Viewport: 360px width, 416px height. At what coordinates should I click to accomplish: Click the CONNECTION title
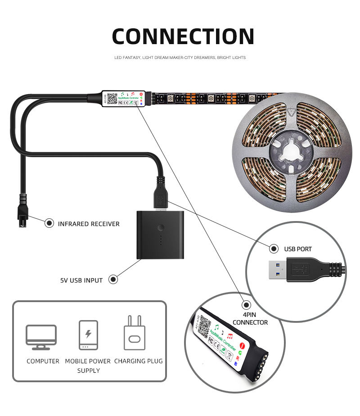coord(183,36)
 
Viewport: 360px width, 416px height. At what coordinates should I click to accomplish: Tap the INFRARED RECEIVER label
coord(89,224)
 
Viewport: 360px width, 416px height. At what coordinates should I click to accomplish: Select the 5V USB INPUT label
coord(81,280)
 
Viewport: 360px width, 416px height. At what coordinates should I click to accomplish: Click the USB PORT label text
coord(298,249)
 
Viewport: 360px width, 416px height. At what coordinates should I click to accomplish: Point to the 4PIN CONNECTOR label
coord(250,318)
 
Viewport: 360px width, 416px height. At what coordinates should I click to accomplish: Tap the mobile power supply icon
coord(88,335)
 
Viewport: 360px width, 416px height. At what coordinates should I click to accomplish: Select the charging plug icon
coord(134,333)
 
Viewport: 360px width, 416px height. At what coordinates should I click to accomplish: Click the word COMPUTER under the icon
coord(43,361)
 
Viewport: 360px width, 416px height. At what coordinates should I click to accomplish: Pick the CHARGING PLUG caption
coord(139,361)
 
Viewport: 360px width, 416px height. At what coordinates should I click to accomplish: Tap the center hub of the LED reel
coord(291,153)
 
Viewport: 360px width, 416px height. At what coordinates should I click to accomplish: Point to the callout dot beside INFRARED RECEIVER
coord(49,223)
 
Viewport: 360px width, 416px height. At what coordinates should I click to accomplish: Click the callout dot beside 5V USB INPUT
coord(113,280)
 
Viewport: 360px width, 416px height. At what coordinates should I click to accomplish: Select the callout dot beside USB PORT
coord(274,249)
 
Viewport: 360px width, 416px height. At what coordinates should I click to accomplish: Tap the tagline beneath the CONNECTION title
coord(180,58)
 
